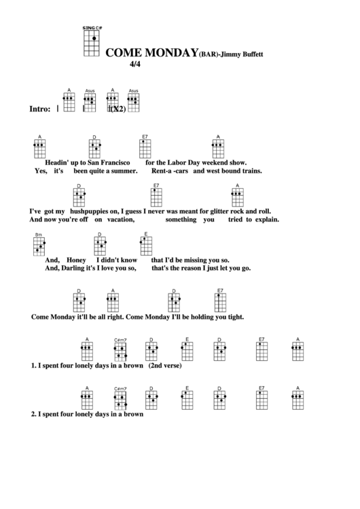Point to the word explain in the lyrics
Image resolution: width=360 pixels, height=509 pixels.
click(x=266, y=220)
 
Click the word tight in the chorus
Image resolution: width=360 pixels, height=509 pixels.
click(x=231, y=316)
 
